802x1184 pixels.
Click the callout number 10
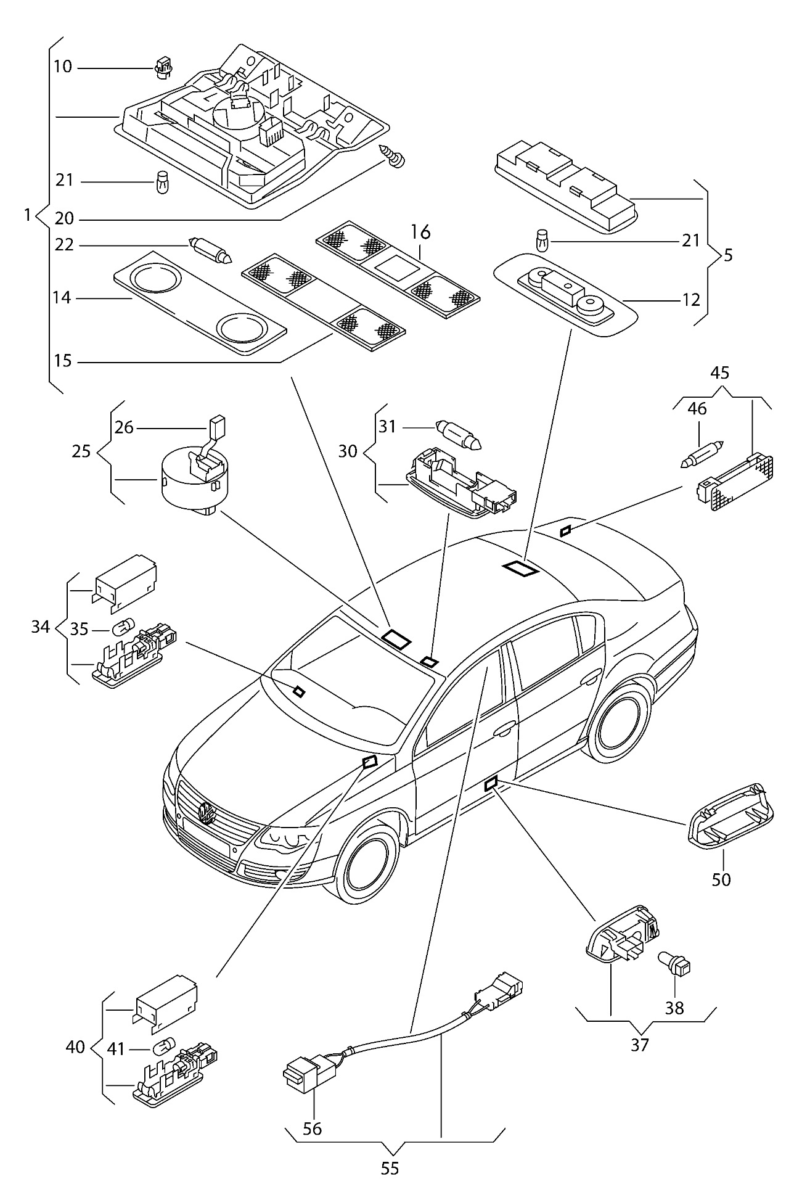click(62, 66)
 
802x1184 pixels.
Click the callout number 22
click(63, 245)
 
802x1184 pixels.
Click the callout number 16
click(420, 232)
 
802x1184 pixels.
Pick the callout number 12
click(691, 300)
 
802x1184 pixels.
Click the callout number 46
click(697, 409)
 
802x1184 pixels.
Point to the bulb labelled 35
click(121, 629)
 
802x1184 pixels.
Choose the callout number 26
click(125, 427)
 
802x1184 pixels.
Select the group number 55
click(390, 1168)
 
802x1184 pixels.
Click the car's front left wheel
click(367, 868)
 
